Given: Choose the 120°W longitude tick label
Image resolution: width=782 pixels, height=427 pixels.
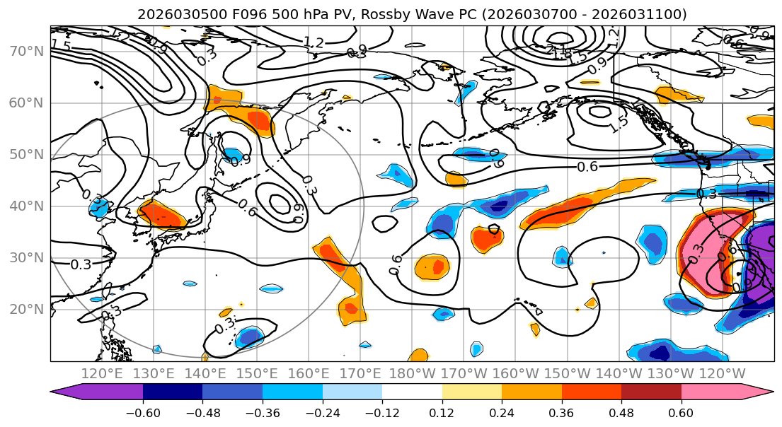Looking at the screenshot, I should pyautogui.click(x=722, y=373).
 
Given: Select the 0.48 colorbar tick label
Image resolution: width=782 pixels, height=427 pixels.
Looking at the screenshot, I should pyautogui.click(x=621, y=411).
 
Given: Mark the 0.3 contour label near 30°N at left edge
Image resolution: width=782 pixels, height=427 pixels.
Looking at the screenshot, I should pyautogui.click(x=81, y=264).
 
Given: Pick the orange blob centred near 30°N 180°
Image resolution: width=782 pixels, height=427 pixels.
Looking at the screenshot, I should pyautogui.click(x=432, y=267).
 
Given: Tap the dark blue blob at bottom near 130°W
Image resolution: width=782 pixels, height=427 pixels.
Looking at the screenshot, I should pyautogui.click(x=660, y=350).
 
